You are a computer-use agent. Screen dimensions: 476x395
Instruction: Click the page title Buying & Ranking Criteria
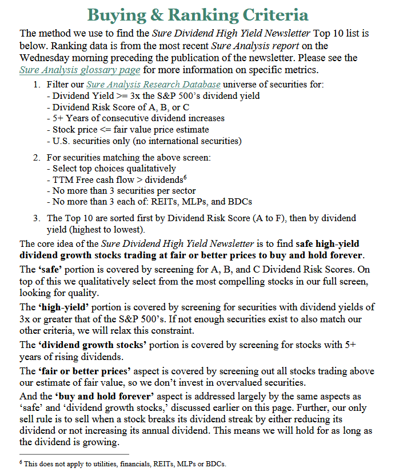pyautogui.click(x=197, y=15)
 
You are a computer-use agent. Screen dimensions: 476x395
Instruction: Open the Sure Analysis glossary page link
pyautogui.click(x=79, y=70)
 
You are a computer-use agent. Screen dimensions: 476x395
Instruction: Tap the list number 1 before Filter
pyautogui.click(x=35, y=85)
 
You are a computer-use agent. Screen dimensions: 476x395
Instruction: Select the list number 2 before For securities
pyautogui.click(x=35, y=158)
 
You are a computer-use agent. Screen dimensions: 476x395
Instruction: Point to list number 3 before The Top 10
pyautogui.click(x=35, y=218)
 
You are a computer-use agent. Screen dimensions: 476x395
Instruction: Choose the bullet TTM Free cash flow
pyautogui.click(x=123, y=179)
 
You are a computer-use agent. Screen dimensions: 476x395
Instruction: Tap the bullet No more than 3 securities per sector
pyautogui.click(x=129, y=190)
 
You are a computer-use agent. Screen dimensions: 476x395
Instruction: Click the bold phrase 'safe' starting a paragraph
pyautogui.click(x=34, y=269)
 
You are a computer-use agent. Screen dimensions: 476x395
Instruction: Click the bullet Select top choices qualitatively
pyautogui.click(x=111, y=169)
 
